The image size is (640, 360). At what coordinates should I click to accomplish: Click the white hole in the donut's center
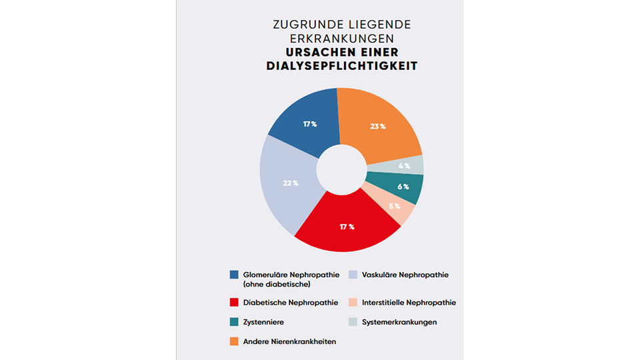[341, 169]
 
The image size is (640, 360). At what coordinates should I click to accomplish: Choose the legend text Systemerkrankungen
[399, 322]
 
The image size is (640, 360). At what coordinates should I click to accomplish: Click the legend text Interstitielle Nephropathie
[409, 303]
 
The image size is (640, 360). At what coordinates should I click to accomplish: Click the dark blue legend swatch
[234, 275]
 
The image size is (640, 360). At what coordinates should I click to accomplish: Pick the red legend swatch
[234, 303]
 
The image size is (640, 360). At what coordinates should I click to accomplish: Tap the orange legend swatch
[234, 341]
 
